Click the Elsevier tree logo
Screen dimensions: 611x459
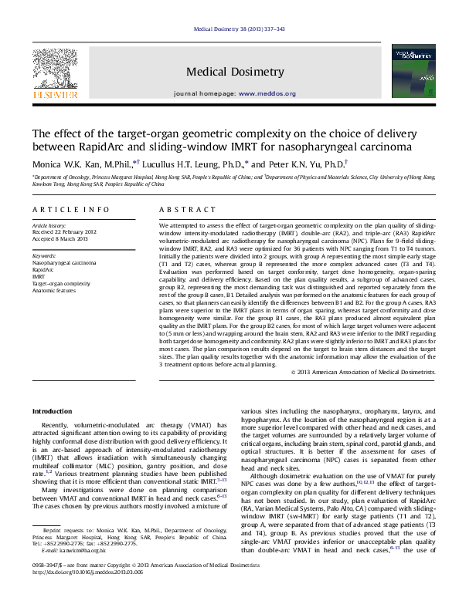point(54,67)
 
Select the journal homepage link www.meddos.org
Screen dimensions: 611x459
point(267,94)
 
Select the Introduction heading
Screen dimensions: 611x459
point(52,411)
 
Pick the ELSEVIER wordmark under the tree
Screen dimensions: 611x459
point(54,94)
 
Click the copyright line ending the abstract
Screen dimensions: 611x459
point(363,372)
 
